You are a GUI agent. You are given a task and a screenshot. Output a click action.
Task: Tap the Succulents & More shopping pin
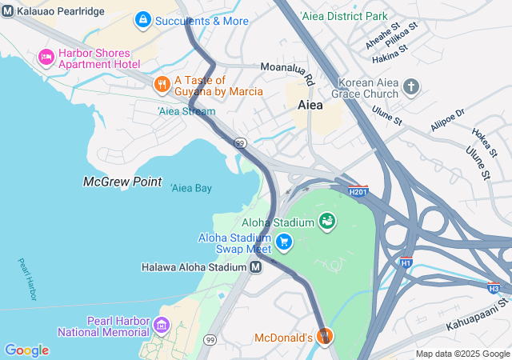[142, 18]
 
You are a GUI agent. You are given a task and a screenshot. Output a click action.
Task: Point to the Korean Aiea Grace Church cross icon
[411, 86]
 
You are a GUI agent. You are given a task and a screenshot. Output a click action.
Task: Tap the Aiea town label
[310, 105]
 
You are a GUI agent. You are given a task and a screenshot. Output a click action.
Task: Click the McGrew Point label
[122, 182]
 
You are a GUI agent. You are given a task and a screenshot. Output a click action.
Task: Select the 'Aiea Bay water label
[191, 188]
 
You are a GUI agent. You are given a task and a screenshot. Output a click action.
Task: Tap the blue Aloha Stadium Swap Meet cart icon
[283, 241]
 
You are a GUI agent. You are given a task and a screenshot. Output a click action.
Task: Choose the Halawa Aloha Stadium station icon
[255, 267]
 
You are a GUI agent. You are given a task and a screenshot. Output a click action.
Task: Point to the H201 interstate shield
[358, 190]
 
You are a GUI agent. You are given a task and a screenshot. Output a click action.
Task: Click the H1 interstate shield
[406, 262]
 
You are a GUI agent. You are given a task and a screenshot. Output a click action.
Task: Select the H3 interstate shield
[494, 287]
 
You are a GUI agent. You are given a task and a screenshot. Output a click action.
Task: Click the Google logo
[26, 350]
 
